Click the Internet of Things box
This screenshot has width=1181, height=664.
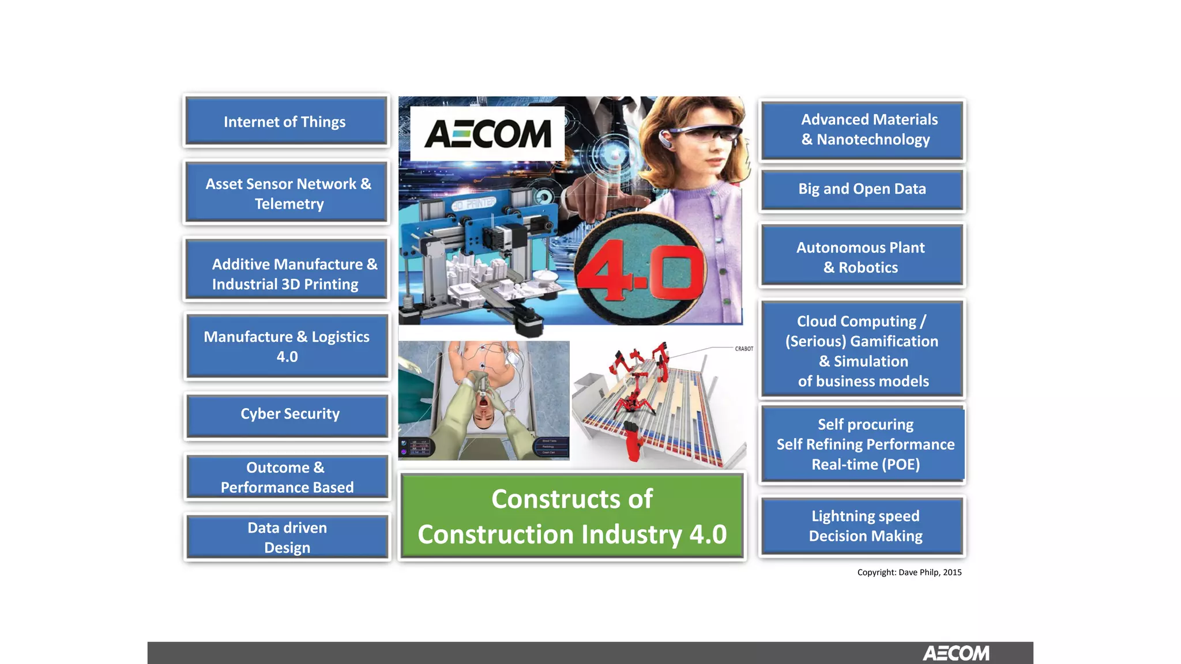tap(286, 122)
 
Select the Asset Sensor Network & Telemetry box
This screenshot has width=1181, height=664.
tap(287, 193)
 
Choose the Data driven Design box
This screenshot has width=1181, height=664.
tap(287, 537)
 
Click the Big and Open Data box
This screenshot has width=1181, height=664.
tap(862, 189)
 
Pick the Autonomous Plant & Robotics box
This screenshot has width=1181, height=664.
tap(862, 257)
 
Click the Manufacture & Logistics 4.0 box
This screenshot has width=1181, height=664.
tap(287, 346)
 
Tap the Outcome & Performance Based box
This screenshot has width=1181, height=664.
tap(287, 477)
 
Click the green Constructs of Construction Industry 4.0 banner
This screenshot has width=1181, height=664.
tap(572, 516)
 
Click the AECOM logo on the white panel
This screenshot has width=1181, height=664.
tap(488, 134)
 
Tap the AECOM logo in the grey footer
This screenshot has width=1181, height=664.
tap(956, 653)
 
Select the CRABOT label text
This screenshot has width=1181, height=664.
tap(744, 349)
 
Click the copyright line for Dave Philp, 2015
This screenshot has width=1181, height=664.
tap(909, 572)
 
